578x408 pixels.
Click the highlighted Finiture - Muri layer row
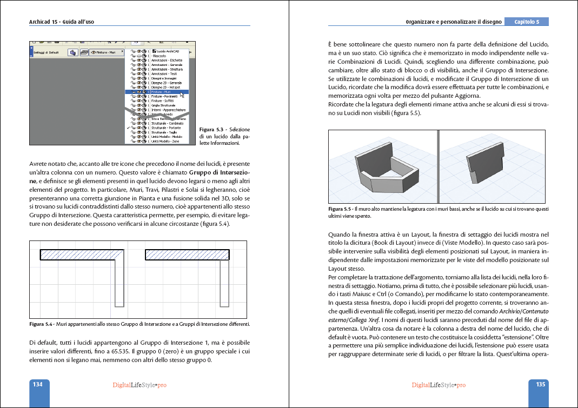click(157, 92)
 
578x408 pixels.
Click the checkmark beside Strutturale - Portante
click(128, 128)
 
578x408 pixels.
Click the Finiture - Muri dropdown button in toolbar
click(105, 52)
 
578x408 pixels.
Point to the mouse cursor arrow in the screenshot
click(182, 95)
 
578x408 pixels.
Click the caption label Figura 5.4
click(41, 324)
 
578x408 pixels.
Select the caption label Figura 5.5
click(341, 209)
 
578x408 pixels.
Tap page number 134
click(38, 385)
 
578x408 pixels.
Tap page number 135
click(540, 385)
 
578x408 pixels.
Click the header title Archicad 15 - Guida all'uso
click(65, 22)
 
